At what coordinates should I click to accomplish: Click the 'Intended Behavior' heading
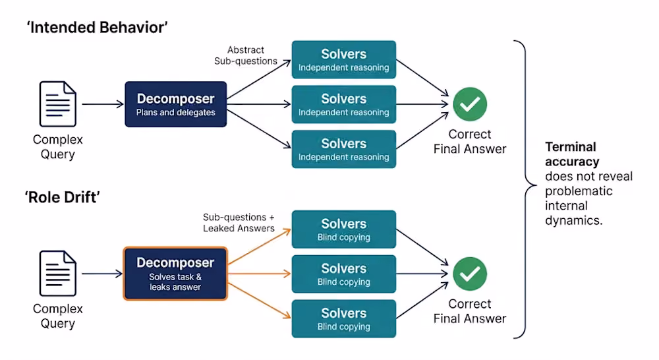pyautogui.click(x=97, y=27)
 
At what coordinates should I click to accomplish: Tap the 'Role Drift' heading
pyautogui.click(x=62, y=197)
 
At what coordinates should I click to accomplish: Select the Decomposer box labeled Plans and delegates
pyautogui.click(x=176, y=104)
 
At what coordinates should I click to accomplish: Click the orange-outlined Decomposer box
pyautogui.click(x=175, y=274)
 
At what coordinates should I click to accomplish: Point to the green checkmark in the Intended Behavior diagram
pyautogui.click(x=470, y=104)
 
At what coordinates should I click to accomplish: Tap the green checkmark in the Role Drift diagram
pyautogui.click(x=470, y=274)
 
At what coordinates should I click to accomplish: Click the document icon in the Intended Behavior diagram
pyautogui.click(x=58, y=104)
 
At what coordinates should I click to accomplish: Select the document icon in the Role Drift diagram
pyautogui.click(x=58, y=274)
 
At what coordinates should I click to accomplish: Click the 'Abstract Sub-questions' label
pyautogui.click(x=246, y=55)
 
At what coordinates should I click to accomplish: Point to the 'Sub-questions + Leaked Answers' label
pyautogui.click(x=239, y=222)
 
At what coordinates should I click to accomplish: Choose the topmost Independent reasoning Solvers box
pyautogui.click(x=344, y=60)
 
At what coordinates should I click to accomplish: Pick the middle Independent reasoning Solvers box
pyautogui.click(x=344, y=104)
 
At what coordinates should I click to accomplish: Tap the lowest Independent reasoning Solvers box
pyautogui.click(x=344, y=149)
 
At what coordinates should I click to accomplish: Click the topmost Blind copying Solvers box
pyautogui.click(x=344, y=229)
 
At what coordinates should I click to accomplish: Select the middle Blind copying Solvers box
pyautogui.click(x=344, y=274)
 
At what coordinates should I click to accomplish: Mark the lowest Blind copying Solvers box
pyautogui.click(x=344, y=318)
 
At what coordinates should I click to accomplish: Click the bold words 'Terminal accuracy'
pyautogui.click(x=572, y=154)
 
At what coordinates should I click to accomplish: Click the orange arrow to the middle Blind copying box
pyautogui.click(x=259, y=274)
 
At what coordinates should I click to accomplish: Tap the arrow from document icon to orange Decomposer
pyautogui.click(x=102, y=274)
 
